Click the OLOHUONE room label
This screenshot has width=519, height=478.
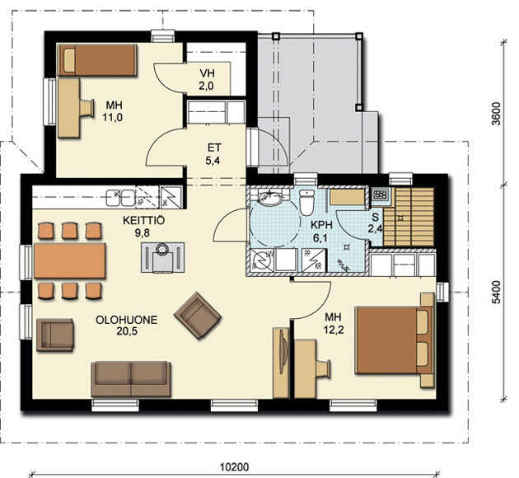pyautogui.click(x=126, y=320)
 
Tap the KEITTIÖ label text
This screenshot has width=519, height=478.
pyautogui.click(x=143, y=221)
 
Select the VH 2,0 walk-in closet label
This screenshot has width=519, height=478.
pyautogui.click(x=206, y=79)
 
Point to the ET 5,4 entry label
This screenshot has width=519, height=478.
pyautogui.click(x=213, y=154)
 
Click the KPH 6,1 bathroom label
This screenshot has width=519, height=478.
pyautogui.click(x=321, y=231)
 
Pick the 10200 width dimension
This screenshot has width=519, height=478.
pyautogui.click(x=234, y=467)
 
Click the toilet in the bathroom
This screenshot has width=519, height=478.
pyautogui.click(x=306, y=201)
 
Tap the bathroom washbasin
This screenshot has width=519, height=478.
pyautogui.click(x=269, y=197)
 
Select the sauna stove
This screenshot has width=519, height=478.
pyautogui.click(x=380, y=194)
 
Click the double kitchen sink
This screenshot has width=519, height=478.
pyautogui.click(x=120, y=198)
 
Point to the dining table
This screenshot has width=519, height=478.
pyautogui.click(x=70, y=260)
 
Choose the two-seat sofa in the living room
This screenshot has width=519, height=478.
pyautogui.click(x=131, y=379)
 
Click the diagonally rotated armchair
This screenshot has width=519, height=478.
pyautogui.click(x=198, y=316)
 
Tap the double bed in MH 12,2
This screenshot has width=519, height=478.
pyautogui.click(x=394, y=340)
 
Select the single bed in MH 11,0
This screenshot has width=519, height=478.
pyautogui.click(x=97, y=60)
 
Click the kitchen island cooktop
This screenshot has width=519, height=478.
pyautogui.click(x=162, y=257)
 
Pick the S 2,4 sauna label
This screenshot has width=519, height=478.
pyautogui.click(x=376, y=223)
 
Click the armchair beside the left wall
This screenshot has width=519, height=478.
pyautogui.click(x=55, y=335)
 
